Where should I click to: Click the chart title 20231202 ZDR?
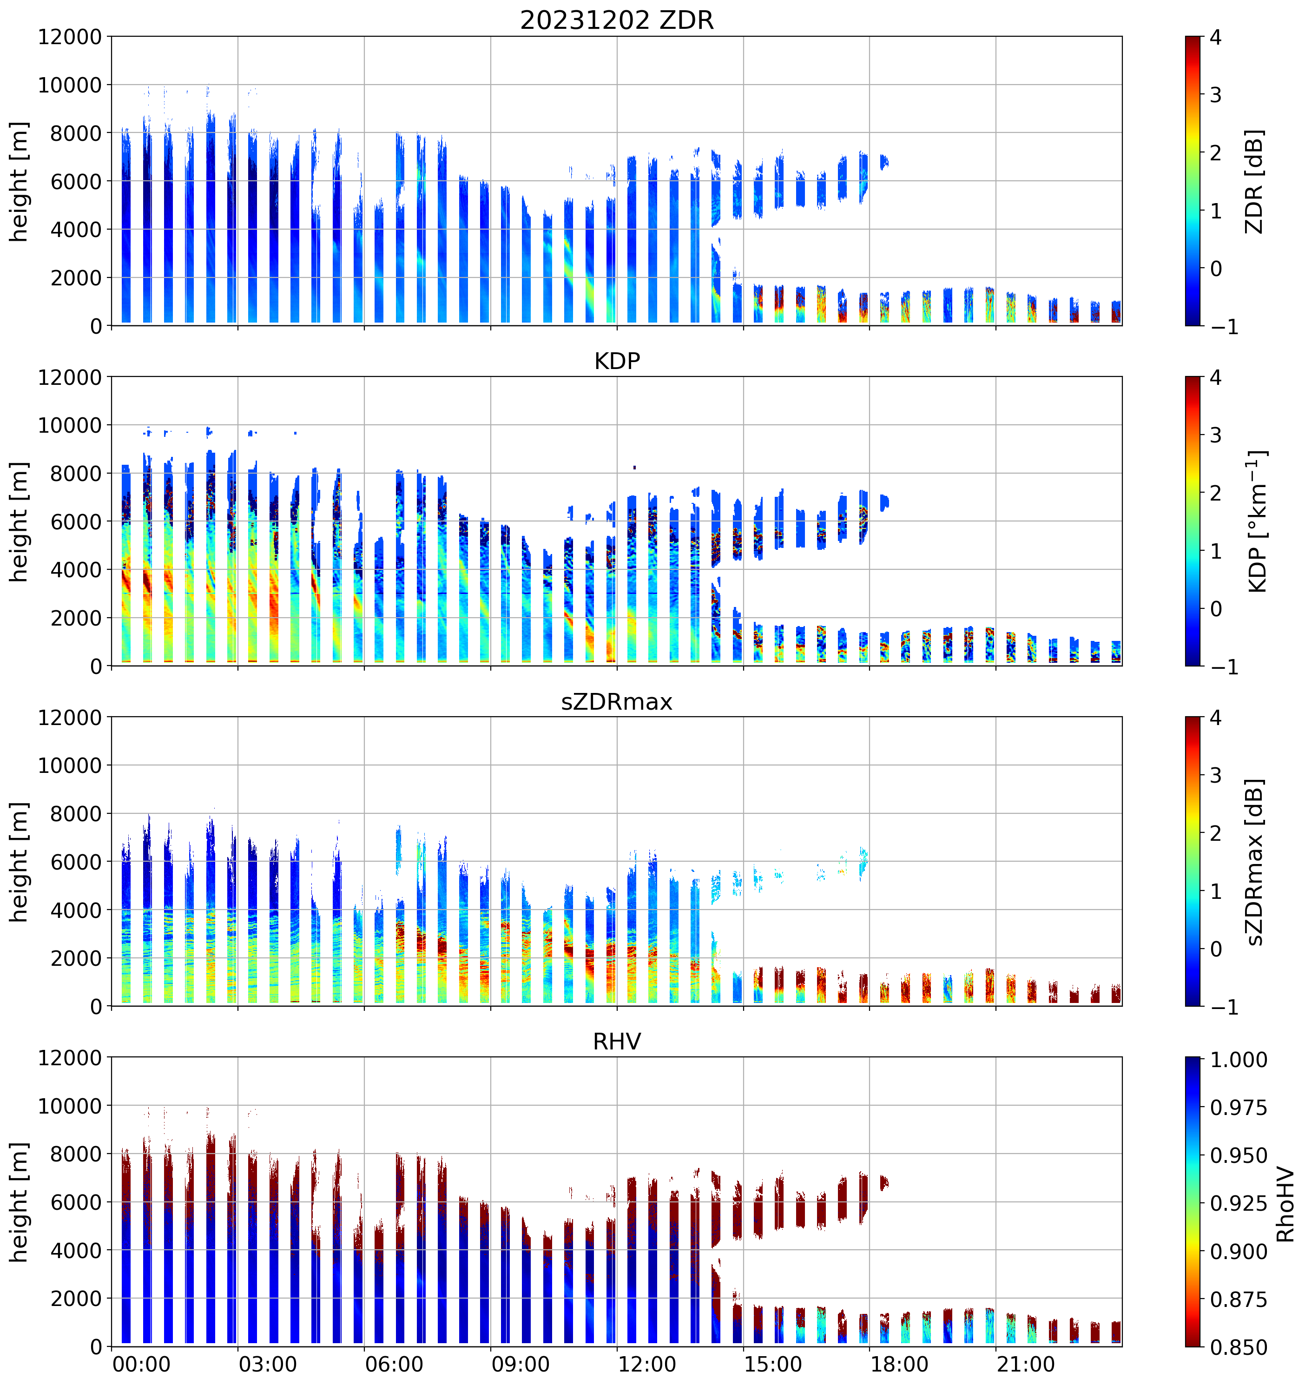pos(617,20)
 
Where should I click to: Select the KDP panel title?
pos(617,361)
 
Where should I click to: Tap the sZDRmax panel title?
pos(617,701)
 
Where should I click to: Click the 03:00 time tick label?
pos(268,1364)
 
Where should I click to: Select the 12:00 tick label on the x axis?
pos(646,1364)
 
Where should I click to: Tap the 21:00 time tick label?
pos(1025,1364)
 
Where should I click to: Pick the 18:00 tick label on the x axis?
pos(899,1364)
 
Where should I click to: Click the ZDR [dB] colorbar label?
pos(1254,181)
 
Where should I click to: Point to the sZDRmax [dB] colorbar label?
pos(1254,862)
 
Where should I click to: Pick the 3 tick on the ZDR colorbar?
pos(1216,95)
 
